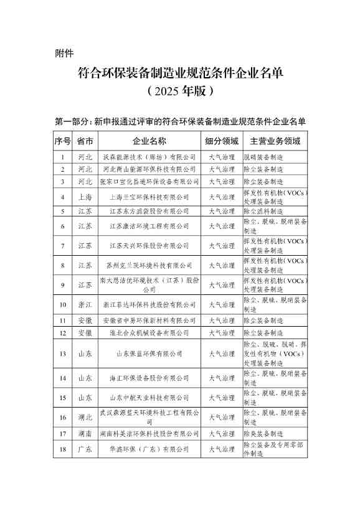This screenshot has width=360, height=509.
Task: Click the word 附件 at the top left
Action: pyautogui.click(x=65, y=53)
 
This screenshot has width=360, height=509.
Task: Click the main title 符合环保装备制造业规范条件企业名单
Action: pyautogui.click(x=180, y=73)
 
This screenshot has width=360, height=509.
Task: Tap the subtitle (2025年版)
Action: pyautogui.click(x=180, y=91)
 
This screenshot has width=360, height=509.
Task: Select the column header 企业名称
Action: pyautogui.click(x=149, y=141)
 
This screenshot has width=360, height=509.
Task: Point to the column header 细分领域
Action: pyautogui.click(x=221, y=141)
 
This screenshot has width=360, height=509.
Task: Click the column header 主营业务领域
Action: pyautogui.click(x=275, y=141)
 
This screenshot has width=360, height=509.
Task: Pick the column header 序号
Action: pyautogui.click(x=63, y=141)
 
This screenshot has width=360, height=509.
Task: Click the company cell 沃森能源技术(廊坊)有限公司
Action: pyautogui.click(x=149, y=157)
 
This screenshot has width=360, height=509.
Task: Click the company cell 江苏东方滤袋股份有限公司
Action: pyautogui.click(x=149, y=212)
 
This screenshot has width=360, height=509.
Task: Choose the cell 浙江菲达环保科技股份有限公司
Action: pyautogui.click(x=149, y=305)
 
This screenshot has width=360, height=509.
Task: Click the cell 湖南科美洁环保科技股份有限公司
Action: pyautogui.click(x=149, y=433)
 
